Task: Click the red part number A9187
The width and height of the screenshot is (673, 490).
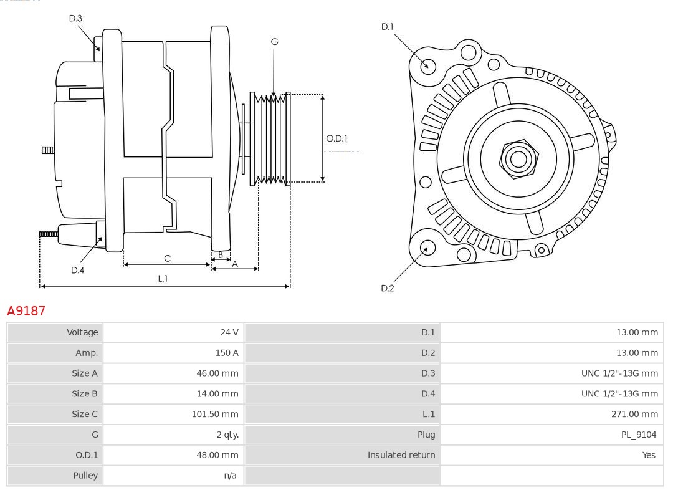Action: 26,310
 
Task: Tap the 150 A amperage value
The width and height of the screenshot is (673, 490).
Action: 227,353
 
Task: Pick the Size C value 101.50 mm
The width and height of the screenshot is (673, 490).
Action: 215,414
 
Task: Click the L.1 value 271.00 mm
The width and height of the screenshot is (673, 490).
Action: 634,414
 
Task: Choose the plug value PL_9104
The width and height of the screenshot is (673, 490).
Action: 638,435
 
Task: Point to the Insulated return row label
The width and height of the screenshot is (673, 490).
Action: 401,455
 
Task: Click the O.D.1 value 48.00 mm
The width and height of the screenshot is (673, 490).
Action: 217,455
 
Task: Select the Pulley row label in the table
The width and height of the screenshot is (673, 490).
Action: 85,475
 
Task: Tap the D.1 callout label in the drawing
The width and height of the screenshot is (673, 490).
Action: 388,26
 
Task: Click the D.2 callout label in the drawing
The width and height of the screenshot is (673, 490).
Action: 388,288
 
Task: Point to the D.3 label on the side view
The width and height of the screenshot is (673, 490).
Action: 75,18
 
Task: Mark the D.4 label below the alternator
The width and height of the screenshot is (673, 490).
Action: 77,270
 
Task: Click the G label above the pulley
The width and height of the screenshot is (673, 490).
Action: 274,42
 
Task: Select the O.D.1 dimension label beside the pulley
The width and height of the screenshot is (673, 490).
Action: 336,138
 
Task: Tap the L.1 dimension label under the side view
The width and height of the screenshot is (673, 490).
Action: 163,279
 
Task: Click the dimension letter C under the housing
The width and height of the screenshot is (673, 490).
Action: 167,258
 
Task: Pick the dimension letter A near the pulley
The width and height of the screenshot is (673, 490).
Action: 234,264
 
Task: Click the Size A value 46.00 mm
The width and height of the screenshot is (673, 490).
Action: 217,373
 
